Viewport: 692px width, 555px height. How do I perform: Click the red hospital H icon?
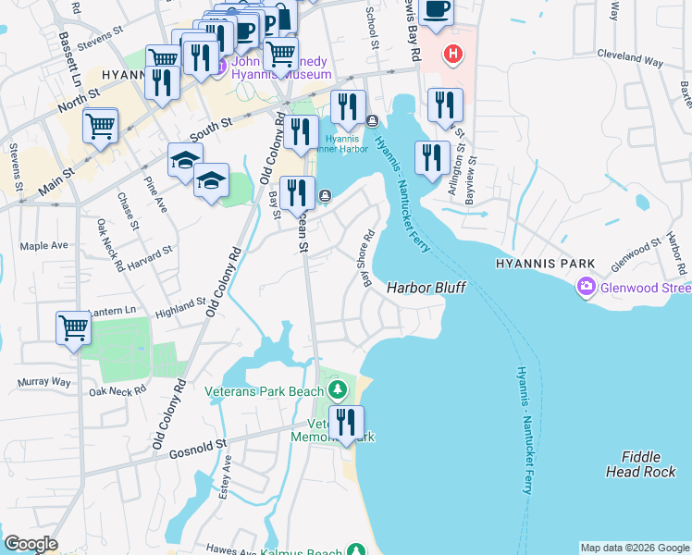[451, 55]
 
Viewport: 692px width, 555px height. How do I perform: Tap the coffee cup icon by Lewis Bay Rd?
[437, 11]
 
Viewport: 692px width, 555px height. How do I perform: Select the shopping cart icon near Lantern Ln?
[73, 327]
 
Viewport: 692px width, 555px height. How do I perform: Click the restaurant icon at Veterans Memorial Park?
[346, 422]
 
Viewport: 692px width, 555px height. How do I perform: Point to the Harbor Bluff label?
[426, 289]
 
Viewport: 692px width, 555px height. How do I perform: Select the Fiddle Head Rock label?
[648, 464]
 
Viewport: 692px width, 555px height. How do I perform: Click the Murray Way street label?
[43, 382]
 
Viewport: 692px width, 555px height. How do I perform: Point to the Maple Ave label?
[44, 246]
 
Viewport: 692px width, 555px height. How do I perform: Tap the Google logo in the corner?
[30, 544]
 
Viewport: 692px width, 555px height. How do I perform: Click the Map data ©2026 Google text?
[635, 548]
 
